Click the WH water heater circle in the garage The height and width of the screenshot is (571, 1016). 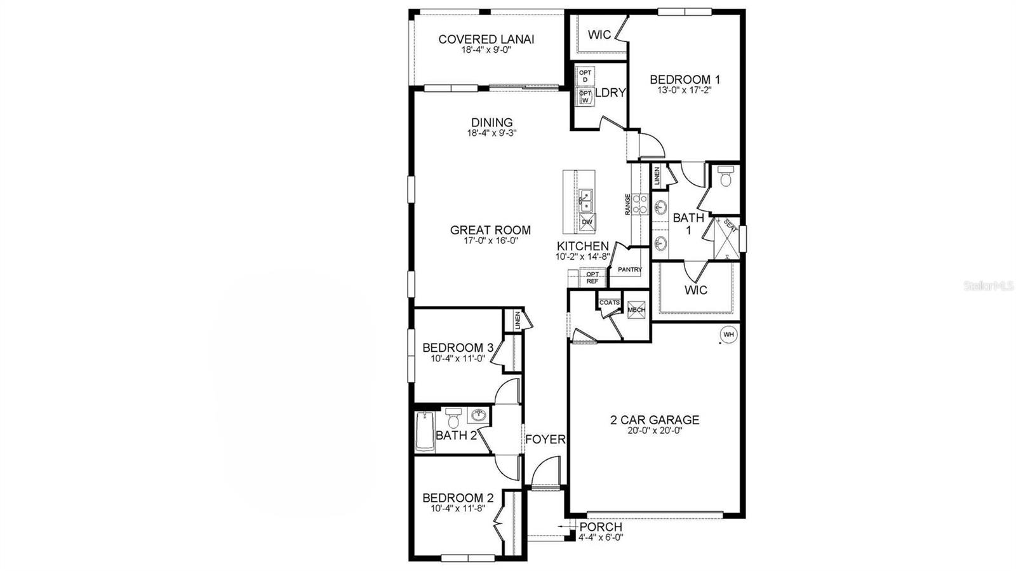click(728, 334)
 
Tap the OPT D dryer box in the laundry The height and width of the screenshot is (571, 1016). click(585, 76)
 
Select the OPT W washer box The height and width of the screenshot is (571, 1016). click(585, 97)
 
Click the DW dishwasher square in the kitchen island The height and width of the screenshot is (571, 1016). click(587, 222)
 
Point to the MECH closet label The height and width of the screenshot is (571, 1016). click(636, 310)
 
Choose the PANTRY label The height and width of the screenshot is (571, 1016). click(629, 269)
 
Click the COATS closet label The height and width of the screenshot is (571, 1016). click(610, 303)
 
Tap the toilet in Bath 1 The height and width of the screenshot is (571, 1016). click(725, 177)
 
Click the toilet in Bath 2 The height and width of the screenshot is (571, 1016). click(453, 419)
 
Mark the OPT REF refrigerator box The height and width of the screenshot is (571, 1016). click(592, 278)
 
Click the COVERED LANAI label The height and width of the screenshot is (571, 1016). click(486, 39)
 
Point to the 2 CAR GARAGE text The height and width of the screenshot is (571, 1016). click(654, 420)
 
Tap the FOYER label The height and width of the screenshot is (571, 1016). click(545, 439)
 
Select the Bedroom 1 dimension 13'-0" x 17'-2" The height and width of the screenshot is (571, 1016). click(685, 90)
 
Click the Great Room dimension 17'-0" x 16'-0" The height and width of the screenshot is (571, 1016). click(490, 240)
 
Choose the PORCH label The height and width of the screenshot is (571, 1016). click(601, 527)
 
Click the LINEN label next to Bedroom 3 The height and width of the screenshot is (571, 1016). click(519, 320)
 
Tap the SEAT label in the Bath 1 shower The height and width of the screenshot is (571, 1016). click(730, 227)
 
